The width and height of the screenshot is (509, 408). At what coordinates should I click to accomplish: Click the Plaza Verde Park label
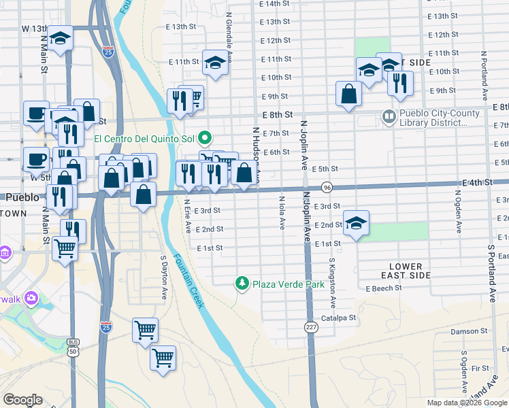point(289,284)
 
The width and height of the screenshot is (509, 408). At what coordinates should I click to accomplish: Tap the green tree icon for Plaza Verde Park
point(241,283)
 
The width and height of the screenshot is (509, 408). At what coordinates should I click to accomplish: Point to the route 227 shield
point(310,326)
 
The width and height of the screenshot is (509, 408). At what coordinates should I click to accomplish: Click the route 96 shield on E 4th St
point(327,187)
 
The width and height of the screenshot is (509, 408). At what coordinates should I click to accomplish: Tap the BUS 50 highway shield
point(72,347)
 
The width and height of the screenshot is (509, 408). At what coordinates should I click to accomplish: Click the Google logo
point(22,400)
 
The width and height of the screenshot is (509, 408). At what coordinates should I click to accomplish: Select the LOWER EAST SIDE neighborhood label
point(406,271)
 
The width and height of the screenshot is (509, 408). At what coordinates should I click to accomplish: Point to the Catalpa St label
point(339,318)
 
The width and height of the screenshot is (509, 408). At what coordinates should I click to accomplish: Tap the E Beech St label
point(384,288)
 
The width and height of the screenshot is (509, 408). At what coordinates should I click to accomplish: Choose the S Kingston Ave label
point(332,282)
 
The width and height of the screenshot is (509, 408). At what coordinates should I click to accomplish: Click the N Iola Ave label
point(282,213)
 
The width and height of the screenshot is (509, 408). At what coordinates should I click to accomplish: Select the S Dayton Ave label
point(164,278)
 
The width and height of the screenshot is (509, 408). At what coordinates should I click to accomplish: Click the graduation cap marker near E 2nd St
point(355,223)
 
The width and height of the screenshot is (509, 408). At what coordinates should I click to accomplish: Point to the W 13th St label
point(35,29)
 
